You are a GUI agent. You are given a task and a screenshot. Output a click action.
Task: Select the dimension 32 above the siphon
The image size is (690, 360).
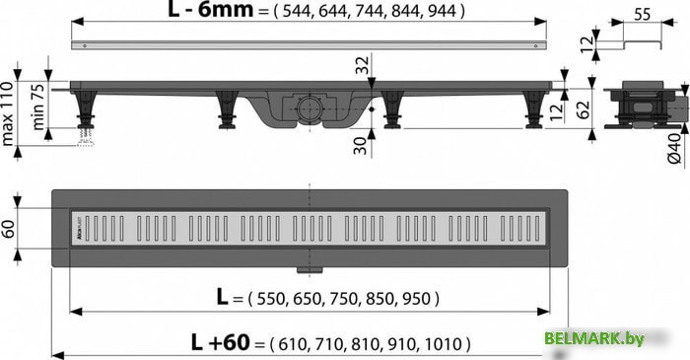pos(363,67)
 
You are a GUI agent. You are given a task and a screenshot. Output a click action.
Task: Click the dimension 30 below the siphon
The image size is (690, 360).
pos(363,145)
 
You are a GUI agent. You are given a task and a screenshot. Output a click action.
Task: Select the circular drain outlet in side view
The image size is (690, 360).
pos(309,105)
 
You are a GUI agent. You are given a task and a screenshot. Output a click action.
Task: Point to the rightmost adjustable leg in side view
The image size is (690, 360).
pos(533,108)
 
